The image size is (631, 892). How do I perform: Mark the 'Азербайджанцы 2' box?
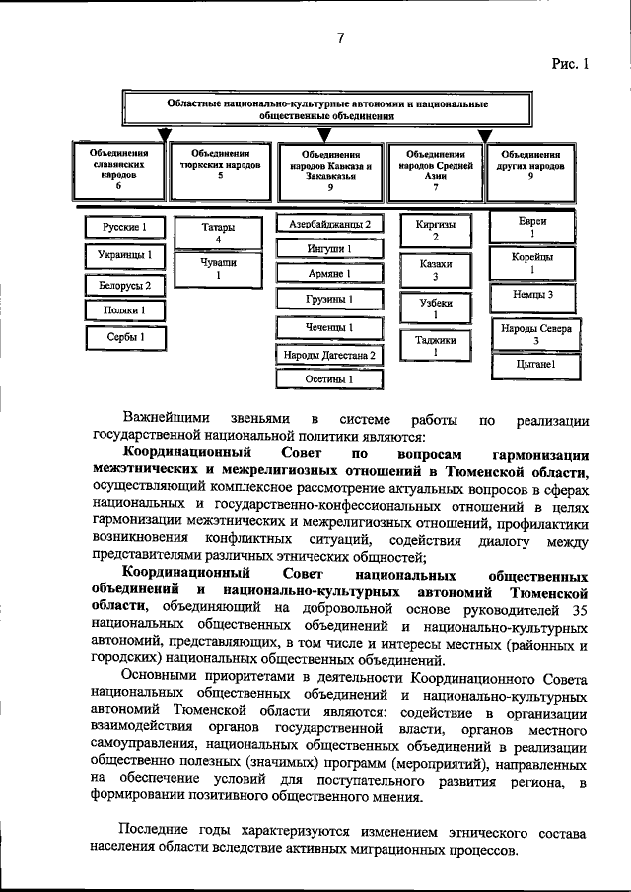(x=329, y=224)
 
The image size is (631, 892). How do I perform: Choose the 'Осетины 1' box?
(x=329, y=377)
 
